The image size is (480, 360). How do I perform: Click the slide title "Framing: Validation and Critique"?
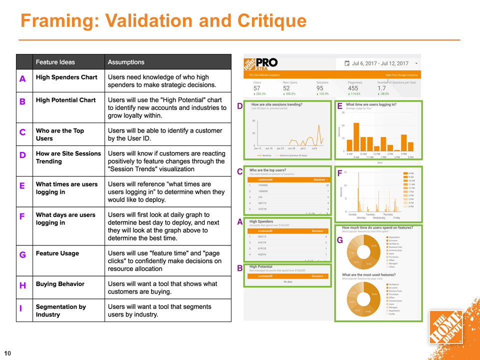(x=163, y=21)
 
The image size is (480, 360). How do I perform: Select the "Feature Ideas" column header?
(x=55, y=62)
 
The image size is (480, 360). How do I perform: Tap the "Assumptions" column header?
(x=126, y=62)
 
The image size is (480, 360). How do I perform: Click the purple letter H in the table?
(x=22, y=285)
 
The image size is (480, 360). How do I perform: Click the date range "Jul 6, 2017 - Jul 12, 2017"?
(x=380, y=63)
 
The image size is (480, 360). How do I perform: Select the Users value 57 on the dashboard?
(x=257, y=88)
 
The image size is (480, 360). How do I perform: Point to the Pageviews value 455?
(x=353, y=88)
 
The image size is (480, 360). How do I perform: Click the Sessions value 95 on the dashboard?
(x=320, y=88)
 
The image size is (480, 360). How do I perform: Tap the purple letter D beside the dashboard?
(x=239, y=106)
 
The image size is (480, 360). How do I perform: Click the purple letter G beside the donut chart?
(x=339, y=240)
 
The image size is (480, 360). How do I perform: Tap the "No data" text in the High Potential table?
(x=287, y=282)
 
